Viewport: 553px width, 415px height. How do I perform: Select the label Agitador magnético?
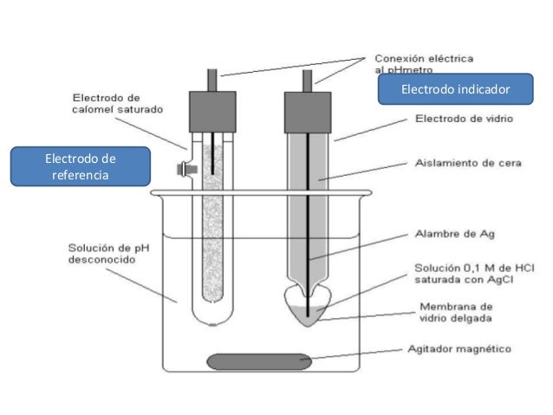[x=459, y=350]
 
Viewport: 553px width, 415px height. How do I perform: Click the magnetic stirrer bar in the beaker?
[x=257, y=360]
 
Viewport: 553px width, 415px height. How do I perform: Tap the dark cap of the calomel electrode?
[x=212, y=112]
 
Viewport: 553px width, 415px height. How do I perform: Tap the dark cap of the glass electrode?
[x=307, y=113]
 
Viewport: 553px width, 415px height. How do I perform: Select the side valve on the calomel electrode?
[x=183, y=168]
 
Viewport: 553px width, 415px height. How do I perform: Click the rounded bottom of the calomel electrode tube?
[x=212, y=314]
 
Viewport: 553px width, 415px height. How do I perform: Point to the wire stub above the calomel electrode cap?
[x=212, y=80]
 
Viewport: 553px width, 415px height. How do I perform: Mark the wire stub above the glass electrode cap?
[x=307, y=81]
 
